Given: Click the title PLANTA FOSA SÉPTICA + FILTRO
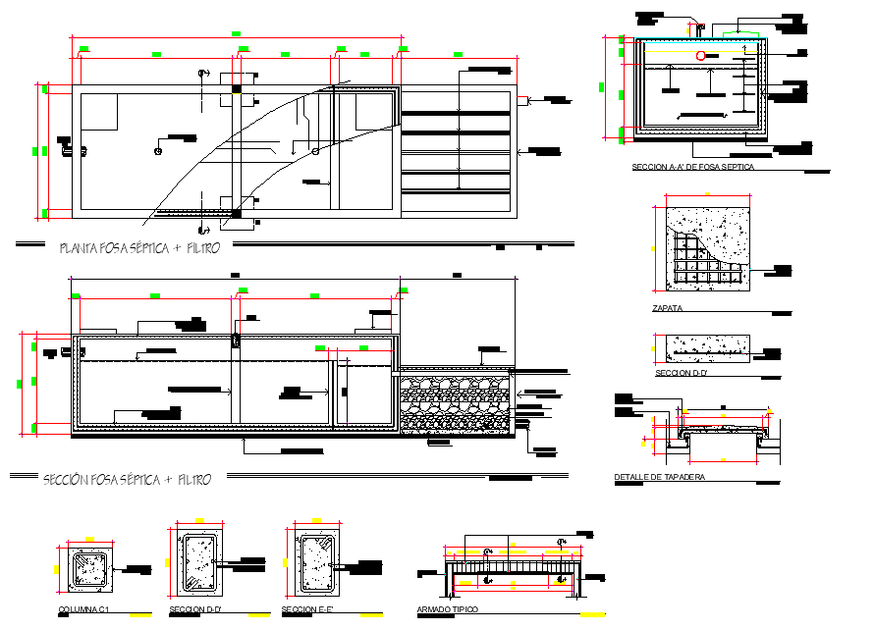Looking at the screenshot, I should point(138,248).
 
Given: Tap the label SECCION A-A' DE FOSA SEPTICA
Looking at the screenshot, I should point(693,167).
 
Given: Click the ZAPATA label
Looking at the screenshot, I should point(668,308).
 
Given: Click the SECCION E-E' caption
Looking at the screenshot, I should point(309,610).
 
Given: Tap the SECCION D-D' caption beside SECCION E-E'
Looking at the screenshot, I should point(194,610).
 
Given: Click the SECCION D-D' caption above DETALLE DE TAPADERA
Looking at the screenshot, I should point(680,373).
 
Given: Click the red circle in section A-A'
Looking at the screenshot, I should point(701,56).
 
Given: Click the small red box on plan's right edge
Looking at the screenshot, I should point(523,99).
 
